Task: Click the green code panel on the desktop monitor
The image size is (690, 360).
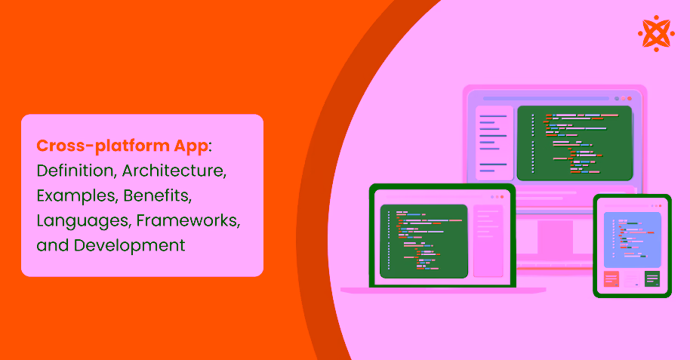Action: coord(574,143)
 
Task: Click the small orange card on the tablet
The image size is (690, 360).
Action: coord(611,279)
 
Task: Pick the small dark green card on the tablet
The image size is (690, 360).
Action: coord(652,279)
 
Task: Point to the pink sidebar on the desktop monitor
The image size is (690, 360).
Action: coord(494,143)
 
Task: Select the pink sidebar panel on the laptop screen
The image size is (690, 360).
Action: coord(488,241)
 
